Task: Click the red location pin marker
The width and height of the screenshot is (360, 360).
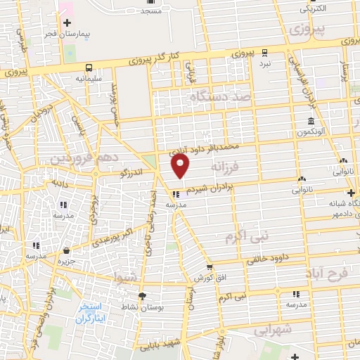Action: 181,166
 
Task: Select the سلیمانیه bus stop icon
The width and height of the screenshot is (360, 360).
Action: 89,67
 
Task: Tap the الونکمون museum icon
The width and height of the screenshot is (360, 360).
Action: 310,121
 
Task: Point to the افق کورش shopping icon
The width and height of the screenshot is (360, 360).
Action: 210,267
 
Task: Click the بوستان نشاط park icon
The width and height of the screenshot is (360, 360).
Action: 142,296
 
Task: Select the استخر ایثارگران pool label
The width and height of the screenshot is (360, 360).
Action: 90,314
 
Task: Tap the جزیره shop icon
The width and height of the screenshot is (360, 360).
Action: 65,250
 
